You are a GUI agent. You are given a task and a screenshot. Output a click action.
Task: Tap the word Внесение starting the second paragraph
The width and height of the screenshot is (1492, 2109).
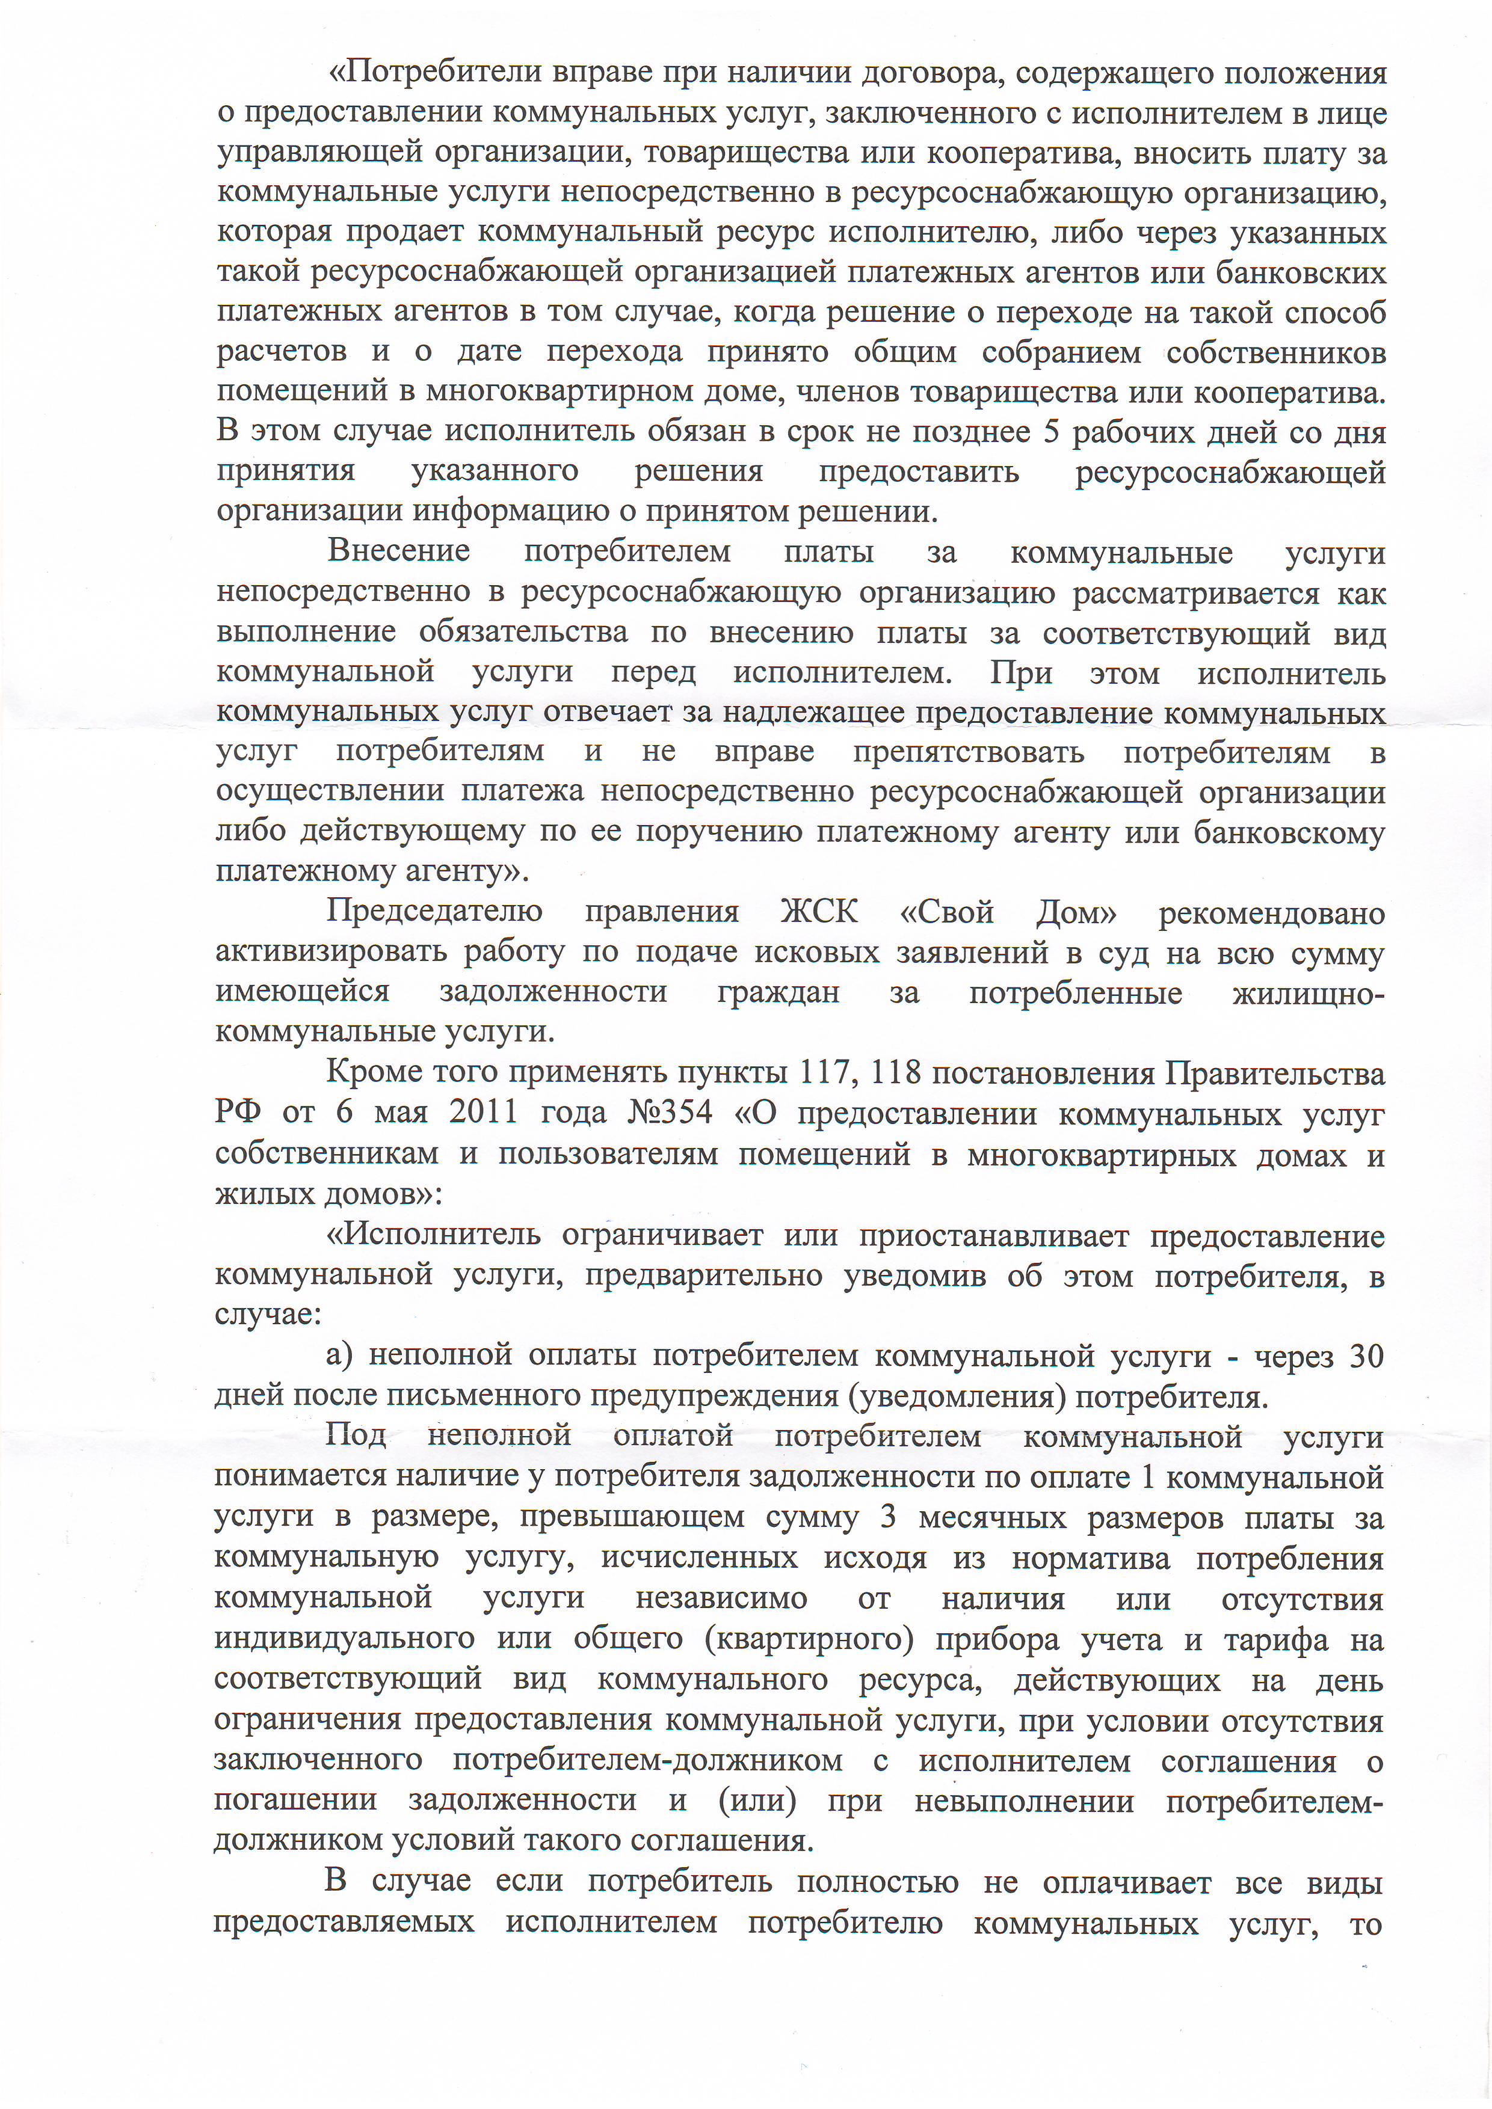click(x=399, y=552)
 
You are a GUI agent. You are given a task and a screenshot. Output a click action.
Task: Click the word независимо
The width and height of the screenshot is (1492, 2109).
click(x=721, y=1599)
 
